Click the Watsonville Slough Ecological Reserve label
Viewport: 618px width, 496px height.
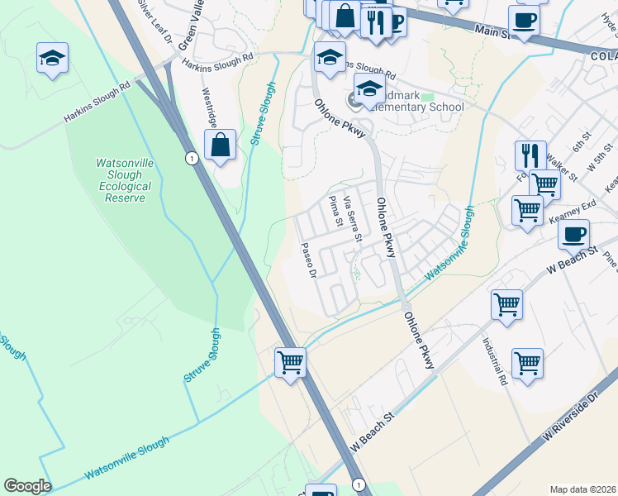click(x=124, y=180)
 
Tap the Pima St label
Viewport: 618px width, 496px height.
click(x=335, y=212)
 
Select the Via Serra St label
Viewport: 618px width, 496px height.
click(x=353, y=219)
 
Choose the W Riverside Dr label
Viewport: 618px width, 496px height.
click(x=569, y=419)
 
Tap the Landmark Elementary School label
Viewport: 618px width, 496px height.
click(x=413, y=107)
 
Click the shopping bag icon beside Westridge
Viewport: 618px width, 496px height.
click(x=221, y=145)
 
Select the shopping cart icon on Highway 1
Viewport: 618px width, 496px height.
click(x=290, y=361)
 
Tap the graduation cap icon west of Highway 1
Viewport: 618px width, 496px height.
click(x=52, y=59)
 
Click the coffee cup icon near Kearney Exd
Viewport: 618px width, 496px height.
click(x=573, y=233)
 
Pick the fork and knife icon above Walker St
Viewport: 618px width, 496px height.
click(x=530, y=155)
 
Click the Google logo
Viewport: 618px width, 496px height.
click(x=27, y=486)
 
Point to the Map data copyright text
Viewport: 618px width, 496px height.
click(x=582, y=489)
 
